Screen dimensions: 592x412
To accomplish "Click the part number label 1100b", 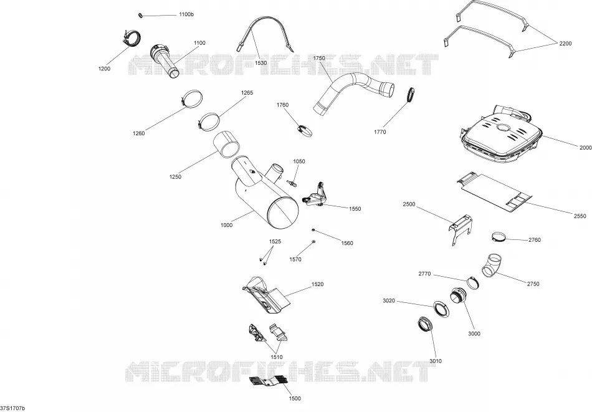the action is pyautogui.click(x=186, y=14).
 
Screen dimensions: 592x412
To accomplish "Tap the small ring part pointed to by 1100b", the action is pyautogui.click(x=140, y=15).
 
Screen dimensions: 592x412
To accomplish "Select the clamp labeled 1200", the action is pyautogui.click(x=131, y=39).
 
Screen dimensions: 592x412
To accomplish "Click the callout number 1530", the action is pyautogui.click(x=261, y=63).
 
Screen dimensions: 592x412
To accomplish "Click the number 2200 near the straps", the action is pyautogui.click(x=565, y=44).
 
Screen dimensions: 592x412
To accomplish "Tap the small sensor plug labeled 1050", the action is pyautogui.click(x=292, y=183).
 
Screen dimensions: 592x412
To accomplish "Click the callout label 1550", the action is pyautogui.click(x=355, y=209).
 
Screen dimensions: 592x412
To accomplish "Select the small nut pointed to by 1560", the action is pyautogui.click(x=313, y=229).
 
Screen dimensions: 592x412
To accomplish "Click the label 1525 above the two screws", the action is pyautogui.click(x=275, y=242).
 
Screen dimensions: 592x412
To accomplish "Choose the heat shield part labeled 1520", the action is pyautogui.click(x=266, y=295).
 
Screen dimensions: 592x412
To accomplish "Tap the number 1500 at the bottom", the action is pyautogui.click(x=295, y=398).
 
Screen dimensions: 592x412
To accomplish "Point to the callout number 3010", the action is pyautogui.click(x=436, y=361).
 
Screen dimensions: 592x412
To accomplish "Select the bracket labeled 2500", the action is pyautogui.click(x=461, y=229).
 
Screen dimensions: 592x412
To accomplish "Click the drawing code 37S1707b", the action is pyautogui.click(x=12, y=408).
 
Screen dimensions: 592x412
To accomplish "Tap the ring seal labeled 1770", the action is pyautogui.click(x=411, y=94).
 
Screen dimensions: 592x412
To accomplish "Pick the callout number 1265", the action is pyautogui.click(x=247, y=93).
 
